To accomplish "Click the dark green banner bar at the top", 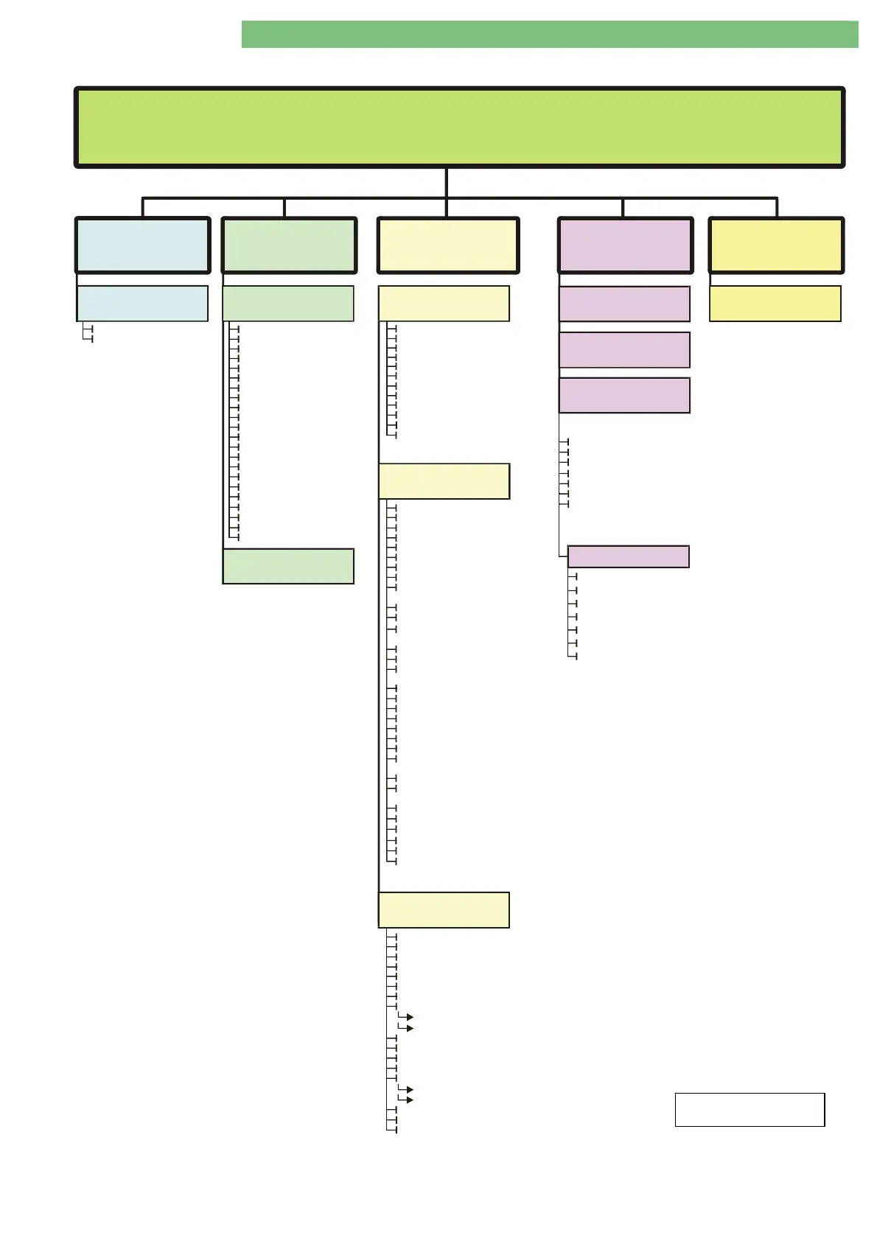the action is point(549,35).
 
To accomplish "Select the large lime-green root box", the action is point(459,127).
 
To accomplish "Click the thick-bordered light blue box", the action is point(142,245).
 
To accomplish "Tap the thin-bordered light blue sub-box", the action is point(142,304).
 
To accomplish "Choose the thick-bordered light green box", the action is point(289,245).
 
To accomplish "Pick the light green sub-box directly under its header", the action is point(288,304).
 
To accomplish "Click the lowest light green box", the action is point(288,566).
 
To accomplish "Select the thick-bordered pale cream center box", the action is point(447,245).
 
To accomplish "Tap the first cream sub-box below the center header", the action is point(444,304).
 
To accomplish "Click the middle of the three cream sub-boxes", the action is point(444,481).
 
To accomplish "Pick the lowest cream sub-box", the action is point(444,909).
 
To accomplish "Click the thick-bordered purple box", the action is point(625,245).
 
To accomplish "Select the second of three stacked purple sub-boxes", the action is point(624,350).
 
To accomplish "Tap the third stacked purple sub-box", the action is point(624,396).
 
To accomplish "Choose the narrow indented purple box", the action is point(628,556).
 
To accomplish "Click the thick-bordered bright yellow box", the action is point(776,245).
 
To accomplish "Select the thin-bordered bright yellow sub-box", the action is point(775,304).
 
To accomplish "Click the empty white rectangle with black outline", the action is point(750,1110).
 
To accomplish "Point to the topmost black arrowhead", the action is point(409,1017).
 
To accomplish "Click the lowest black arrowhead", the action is point(409,1100).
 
